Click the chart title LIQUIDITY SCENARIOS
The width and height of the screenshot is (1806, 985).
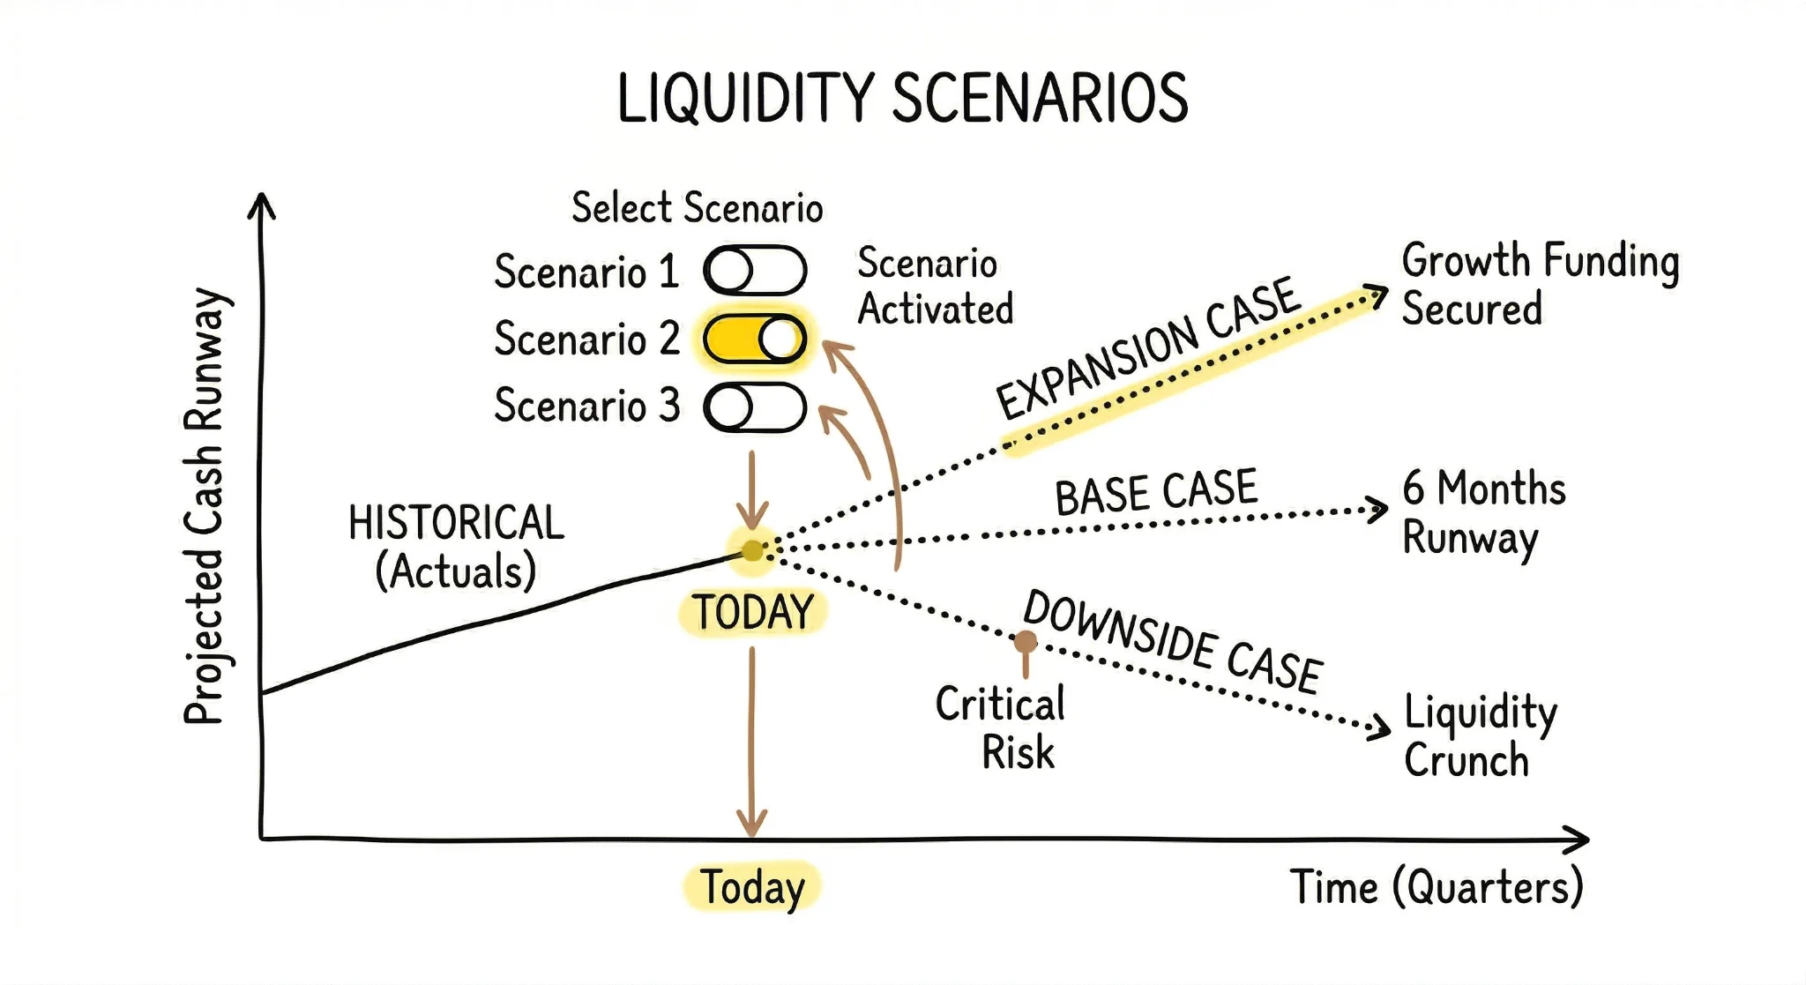902,99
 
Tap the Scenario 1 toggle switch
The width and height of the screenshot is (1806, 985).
755,270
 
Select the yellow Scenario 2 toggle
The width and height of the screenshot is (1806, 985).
755,339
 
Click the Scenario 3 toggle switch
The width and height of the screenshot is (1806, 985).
755,407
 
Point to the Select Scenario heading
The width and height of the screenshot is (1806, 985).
697,208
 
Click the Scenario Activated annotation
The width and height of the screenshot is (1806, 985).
935,287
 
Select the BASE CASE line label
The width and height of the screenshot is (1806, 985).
1156,492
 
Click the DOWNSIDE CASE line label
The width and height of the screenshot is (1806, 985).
1172,641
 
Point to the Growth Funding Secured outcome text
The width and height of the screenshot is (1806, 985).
1540,284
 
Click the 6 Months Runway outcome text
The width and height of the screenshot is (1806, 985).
1483,512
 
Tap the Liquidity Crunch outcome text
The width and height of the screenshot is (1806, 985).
1480,735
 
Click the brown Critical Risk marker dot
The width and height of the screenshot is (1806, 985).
1025,641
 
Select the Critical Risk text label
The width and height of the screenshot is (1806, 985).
1002,728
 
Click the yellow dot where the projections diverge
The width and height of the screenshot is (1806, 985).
752,551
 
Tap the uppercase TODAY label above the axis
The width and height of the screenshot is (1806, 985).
752,612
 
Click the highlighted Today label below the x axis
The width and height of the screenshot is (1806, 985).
752,887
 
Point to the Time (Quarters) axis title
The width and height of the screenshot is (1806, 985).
1437,887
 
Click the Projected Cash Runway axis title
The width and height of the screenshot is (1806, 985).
205,506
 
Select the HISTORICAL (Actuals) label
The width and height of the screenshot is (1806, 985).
456,547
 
